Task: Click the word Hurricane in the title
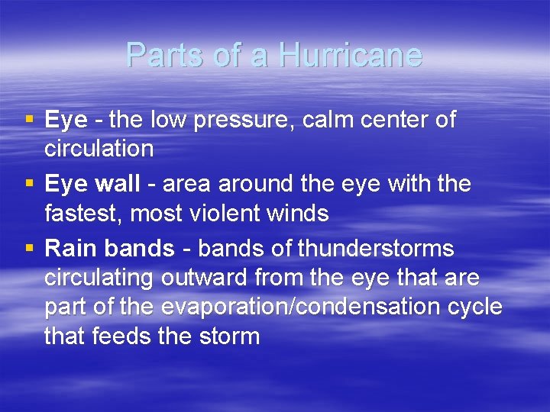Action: tap(350, 55)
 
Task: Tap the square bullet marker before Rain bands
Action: tap(29, 248)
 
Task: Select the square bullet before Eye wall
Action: tap(29, 183)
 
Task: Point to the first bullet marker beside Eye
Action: tap(29, 119)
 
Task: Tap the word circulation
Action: tap(99, 148)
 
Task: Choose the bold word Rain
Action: tap(71, 249)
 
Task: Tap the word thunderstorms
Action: tap(375, 249)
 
